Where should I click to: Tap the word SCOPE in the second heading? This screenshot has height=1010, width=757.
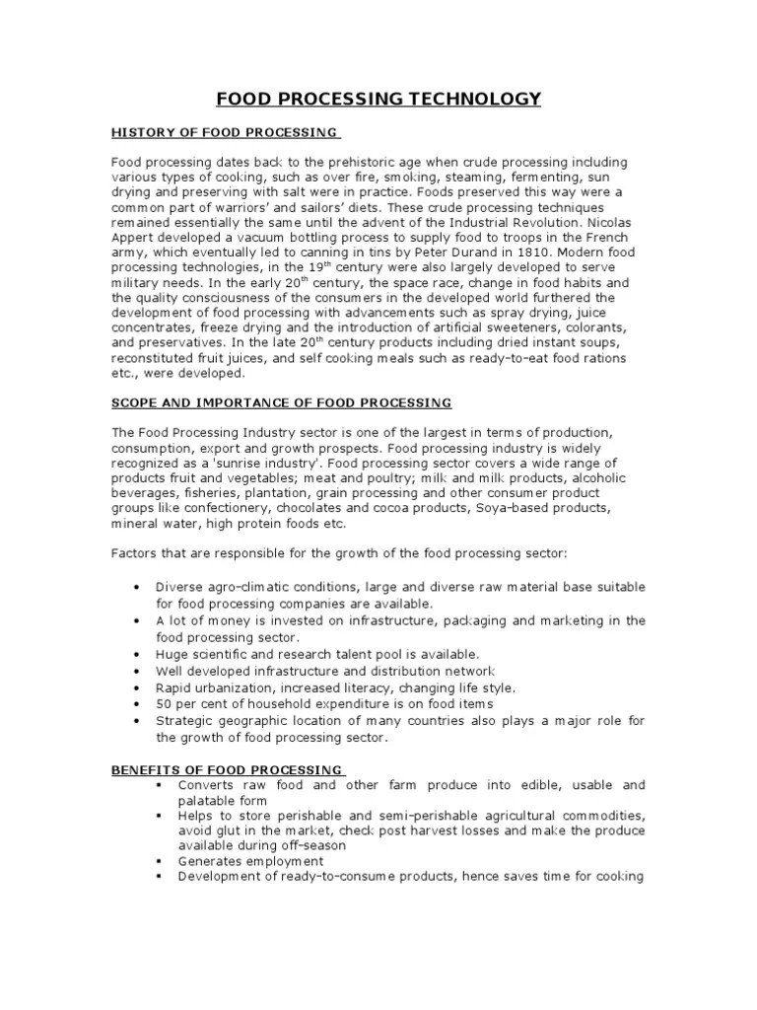(135, 403)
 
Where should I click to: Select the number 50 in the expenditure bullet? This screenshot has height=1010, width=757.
(164, 705)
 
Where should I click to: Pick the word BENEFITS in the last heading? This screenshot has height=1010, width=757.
(146, 769)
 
